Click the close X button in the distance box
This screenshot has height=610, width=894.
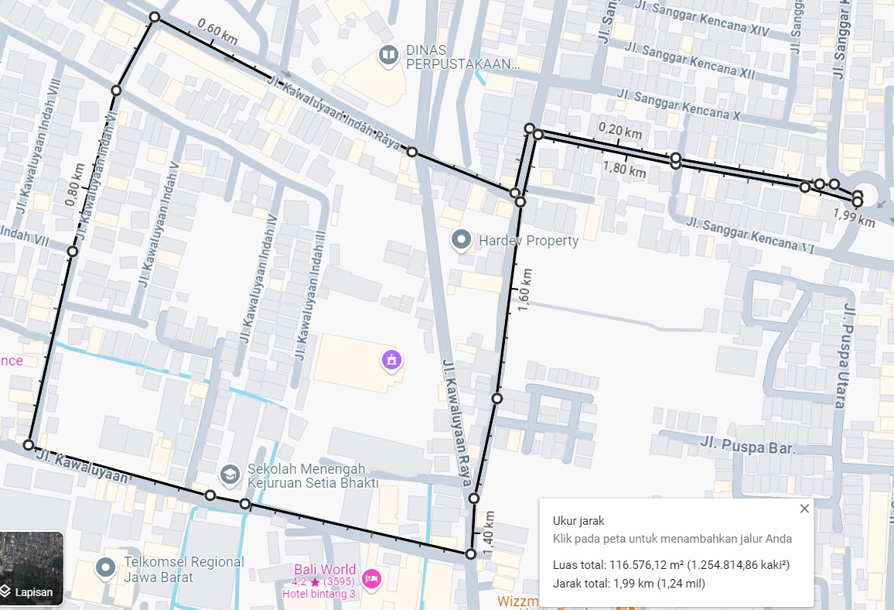(804, 509)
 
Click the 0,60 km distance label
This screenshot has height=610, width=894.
(217, 32)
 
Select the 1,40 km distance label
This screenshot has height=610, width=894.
(488, 533)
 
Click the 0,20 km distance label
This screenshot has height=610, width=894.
(620, 130)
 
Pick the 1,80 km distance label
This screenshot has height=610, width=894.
(624, 169)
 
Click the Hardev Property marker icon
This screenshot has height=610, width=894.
(462, 240)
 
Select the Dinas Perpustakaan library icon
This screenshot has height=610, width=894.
(387, 55)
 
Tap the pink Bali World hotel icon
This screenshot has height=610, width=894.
(371, 578)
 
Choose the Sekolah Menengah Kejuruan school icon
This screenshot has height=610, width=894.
(229, 473)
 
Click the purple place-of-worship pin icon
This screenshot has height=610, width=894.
(392, 360)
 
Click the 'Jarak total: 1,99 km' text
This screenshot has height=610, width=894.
(629, 584)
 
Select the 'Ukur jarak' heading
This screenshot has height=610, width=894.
(578, 521)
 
